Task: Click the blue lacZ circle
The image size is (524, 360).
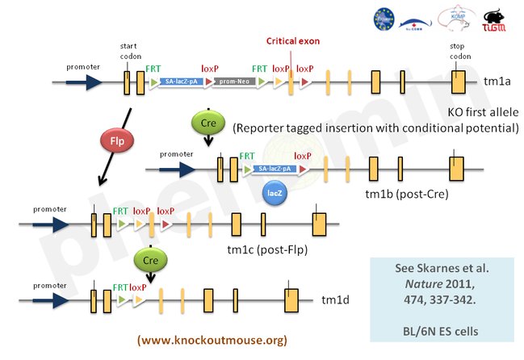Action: (x=273, y=193)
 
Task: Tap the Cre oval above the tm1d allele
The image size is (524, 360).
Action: (x=151, y=261)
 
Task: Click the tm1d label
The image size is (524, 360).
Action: (x=334, y=301)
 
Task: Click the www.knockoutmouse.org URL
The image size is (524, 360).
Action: (x=212, y=340)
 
